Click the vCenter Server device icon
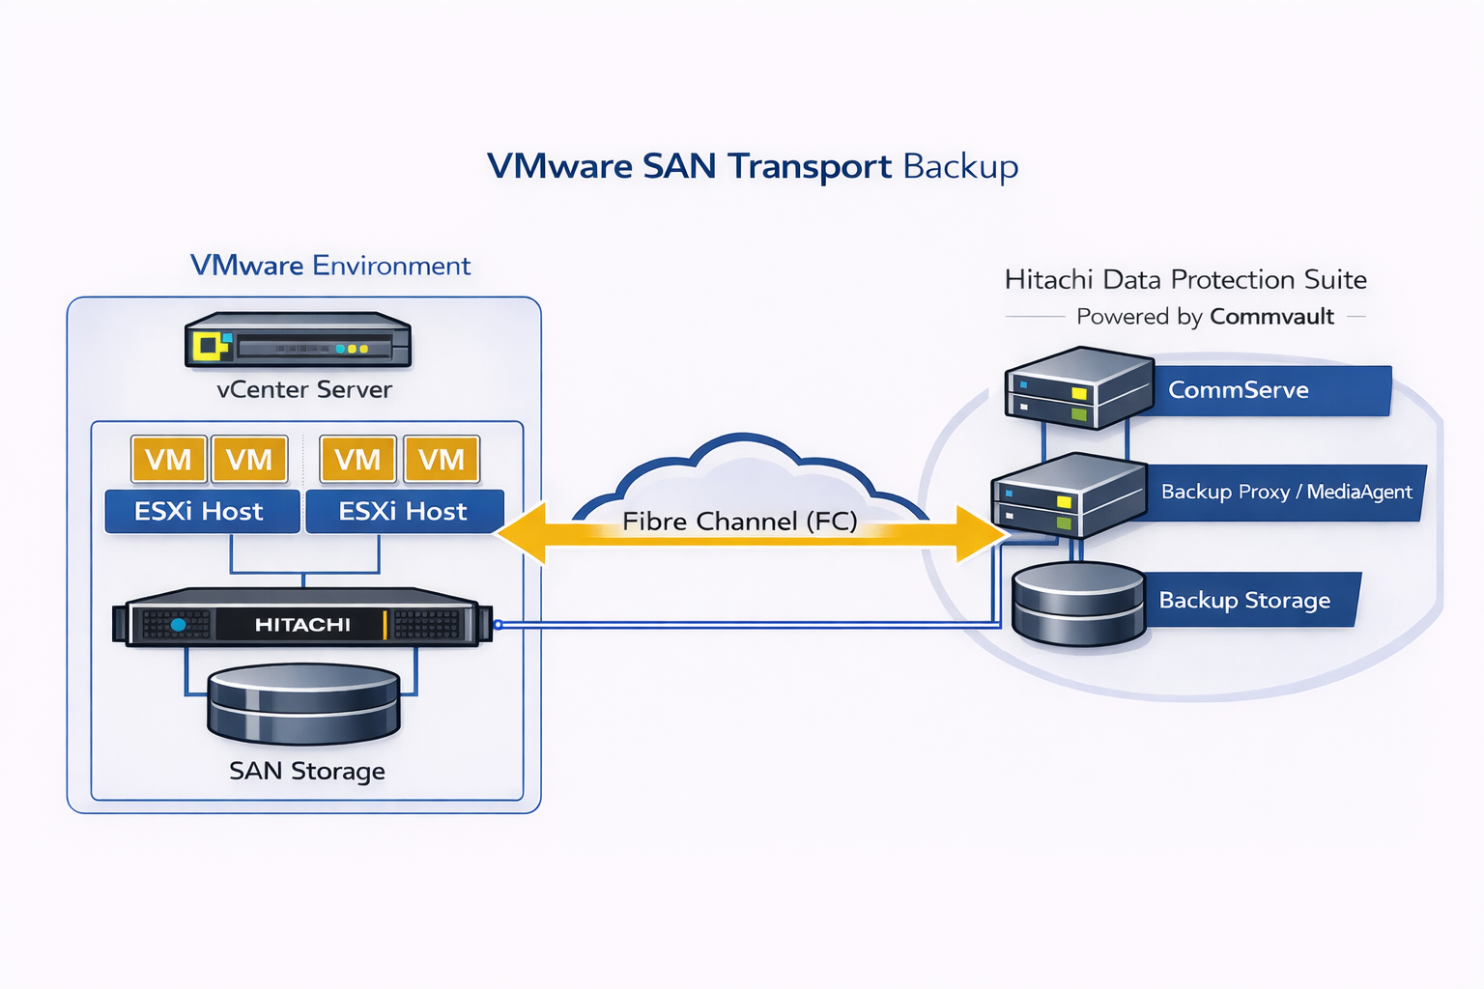click(x=298, y=340)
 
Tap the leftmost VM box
click(x=168, y=460)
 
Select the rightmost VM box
click(x=442, y=460)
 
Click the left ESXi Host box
click(x=200, y=512)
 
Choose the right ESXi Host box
click(x=404, y=512)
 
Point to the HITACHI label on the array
click(x=302, y=625)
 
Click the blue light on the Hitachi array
click(x=178, y=625)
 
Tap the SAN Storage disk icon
click(x=304, y=703)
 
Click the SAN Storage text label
click(x=307, y=771)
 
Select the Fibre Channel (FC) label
click(x=740, y=522)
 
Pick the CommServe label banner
click(x=1266, y=390)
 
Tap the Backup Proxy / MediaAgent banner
click(x=1285, y=493)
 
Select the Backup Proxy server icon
click(x=1068, y=494)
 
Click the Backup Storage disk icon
click(x=1078, y=604)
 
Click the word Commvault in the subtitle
click(x=1271, y=317)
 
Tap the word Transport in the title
click(x=810, y=166)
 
